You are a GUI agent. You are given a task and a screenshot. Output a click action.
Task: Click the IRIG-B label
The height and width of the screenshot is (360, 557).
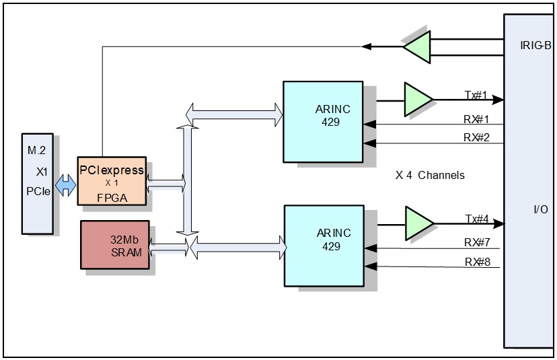pyautogui.click(x=535, y=46)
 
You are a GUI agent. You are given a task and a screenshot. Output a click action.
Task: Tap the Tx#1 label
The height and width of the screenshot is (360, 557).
pyautogui.click(x=476, y=95)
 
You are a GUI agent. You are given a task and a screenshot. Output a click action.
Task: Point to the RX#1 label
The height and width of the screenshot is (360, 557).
pyautogui.click(x=476, y=120)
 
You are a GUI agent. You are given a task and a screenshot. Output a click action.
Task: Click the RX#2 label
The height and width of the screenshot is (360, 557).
pyautogui.click(x=476, y=138)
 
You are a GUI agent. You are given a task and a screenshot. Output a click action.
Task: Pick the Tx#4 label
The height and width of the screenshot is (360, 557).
pyautogui.click(x=476, y=219)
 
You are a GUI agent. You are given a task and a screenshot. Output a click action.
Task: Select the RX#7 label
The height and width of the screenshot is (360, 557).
pyautogui.click(x=476, y=242)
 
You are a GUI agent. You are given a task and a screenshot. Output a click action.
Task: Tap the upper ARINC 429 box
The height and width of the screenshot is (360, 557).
pyautogui.click(x=322, y=121)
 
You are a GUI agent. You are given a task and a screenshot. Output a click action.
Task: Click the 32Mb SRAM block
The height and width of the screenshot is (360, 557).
pyautogui.click(x=115, y=244)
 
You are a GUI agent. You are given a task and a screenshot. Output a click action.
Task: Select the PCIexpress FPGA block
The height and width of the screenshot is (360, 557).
pyautogui.click(x=111, y=182)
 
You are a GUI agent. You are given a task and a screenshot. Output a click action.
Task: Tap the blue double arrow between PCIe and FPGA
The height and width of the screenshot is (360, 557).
pyautogui.click(x=66, y=186)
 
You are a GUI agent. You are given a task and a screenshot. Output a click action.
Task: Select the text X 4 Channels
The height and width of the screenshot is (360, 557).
pyautogui.click(x=429, y=176)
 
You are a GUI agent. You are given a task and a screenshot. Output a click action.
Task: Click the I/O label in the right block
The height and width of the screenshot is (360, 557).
pyautogui.click(x=540, y=210)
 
